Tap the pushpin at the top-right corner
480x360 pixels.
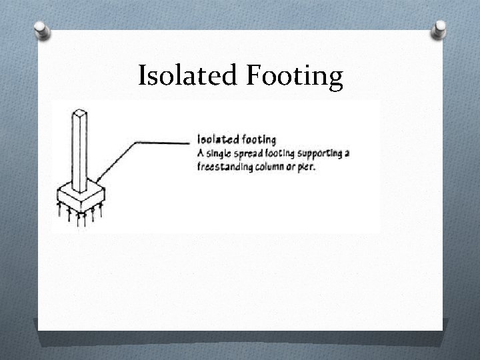[x=440, y=29]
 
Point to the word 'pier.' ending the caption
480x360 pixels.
[x=307, y=167]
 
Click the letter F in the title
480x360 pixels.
[x=253, y=76]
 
